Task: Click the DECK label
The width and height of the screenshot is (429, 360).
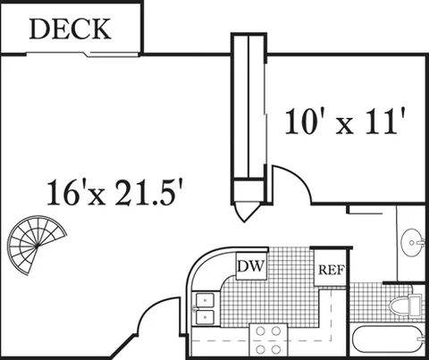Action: click(x=70, y=29)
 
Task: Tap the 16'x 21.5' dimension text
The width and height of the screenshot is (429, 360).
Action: click(x=115, y=192)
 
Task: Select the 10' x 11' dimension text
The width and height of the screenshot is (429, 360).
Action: click(x=345, y=121)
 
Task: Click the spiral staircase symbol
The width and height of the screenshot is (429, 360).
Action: click(x=37, y=245)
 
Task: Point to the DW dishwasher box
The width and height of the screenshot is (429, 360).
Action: click(x=251, y=266)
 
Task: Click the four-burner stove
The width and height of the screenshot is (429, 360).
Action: click(x=268, y=340)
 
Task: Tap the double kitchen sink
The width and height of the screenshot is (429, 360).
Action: click(x=205, y=309)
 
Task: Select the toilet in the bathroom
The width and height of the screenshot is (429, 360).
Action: click(x=407, y=305)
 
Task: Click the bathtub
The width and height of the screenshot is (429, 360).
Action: click(x=388, y=340)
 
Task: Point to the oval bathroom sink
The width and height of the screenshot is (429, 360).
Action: click(x=413, y=242)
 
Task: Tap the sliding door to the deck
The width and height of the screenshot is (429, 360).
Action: click(x=82, y=54)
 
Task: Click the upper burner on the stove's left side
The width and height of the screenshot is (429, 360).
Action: click(x=261, y=331)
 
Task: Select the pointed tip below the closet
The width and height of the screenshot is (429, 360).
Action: click(x=244, y=222)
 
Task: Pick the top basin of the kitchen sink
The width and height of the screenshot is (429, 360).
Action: click(x=205, y=300)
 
